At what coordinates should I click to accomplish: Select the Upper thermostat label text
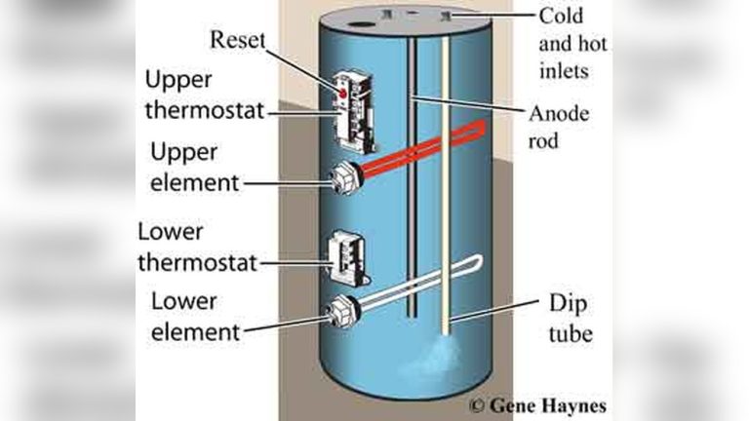pyautogui.click(x=205, y=95)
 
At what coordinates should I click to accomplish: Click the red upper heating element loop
pyautogui.click(x=429, y=146)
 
